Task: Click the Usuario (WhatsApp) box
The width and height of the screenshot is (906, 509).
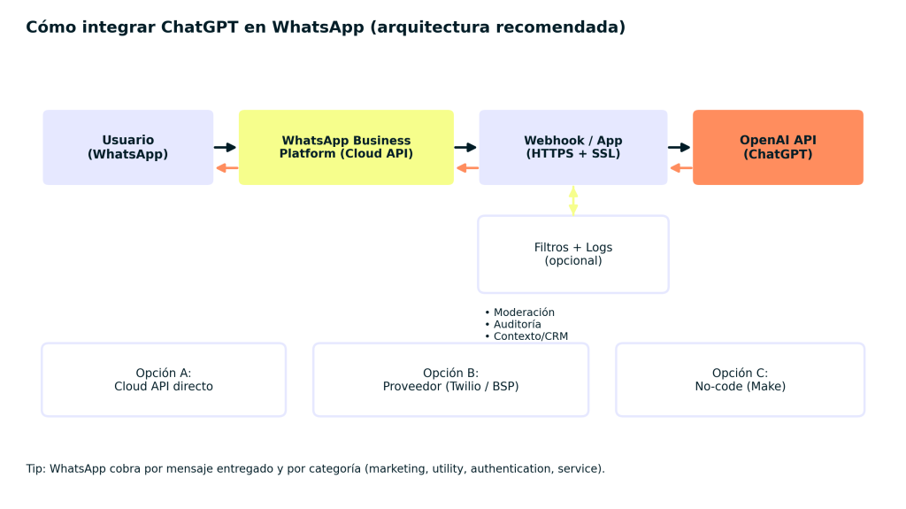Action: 128,147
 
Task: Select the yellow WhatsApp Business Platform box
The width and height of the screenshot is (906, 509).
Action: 346,147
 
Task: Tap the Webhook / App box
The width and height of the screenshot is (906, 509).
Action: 572,147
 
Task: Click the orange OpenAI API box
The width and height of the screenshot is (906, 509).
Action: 778,147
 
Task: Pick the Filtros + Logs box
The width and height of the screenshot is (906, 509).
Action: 572,254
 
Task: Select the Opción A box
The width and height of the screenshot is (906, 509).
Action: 164,380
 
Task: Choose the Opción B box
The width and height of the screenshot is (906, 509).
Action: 450,380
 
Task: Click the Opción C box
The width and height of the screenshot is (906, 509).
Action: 740,380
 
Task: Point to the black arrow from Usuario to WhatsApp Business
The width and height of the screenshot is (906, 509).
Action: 226,148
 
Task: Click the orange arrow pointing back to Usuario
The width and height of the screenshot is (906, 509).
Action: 226,167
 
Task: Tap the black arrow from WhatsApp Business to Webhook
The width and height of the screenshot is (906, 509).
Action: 466,148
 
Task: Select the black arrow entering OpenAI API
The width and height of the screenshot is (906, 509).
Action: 679,148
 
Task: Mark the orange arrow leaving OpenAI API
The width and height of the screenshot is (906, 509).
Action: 680,167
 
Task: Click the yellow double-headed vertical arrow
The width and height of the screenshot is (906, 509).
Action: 573,200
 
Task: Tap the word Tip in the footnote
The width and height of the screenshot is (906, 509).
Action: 35,468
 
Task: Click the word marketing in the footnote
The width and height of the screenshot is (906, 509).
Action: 396,468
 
